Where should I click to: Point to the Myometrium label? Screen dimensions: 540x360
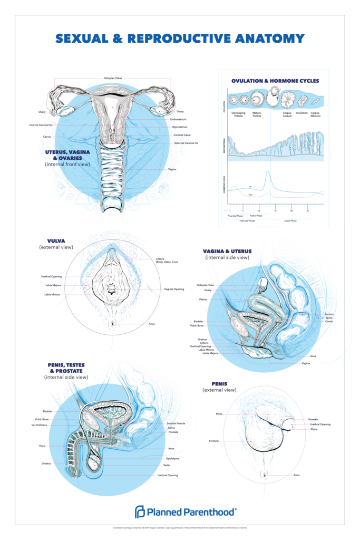point(180,128)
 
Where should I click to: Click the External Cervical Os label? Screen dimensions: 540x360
point(186,143)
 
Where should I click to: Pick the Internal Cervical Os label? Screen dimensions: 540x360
point(41,125)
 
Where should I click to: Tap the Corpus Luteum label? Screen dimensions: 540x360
point(288,114)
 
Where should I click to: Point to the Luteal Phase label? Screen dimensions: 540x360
point(290,221)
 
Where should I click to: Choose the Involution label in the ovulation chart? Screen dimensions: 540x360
point(302,112)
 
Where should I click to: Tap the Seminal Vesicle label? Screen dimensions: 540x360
point(176,423)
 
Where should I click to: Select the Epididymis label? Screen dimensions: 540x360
point(172,458)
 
